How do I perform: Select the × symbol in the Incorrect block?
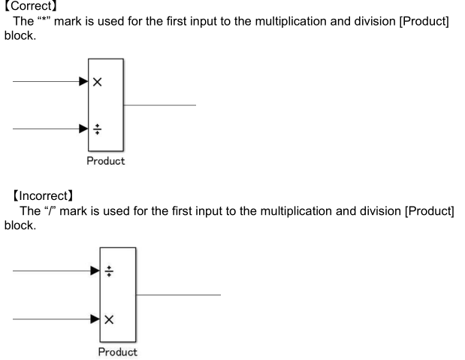point(110,319)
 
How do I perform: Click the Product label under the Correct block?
point(105,161)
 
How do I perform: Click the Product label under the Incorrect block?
point(118,351)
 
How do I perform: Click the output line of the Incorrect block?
point(178,295)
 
